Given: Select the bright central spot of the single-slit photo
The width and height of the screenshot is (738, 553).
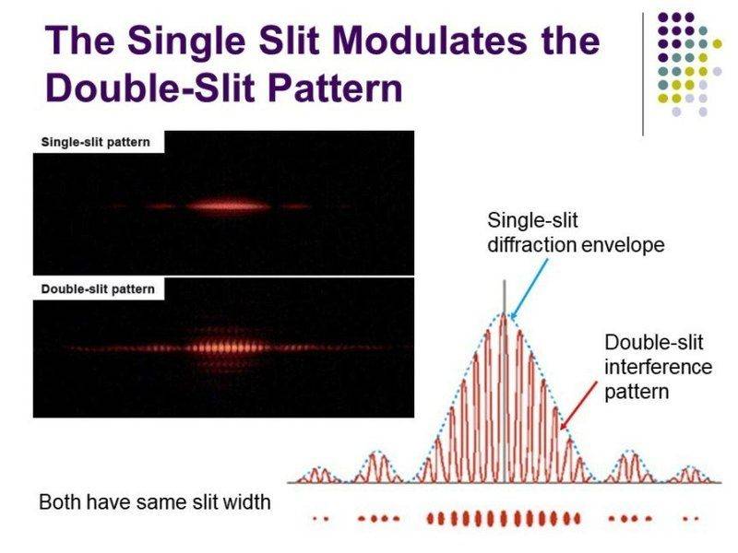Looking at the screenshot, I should tap(225, 206).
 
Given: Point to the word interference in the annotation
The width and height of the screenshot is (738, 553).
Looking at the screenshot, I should tap(659, 367).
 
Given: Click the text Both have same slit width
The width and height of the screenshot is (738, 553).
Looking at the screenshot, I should tap(154, 503).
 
